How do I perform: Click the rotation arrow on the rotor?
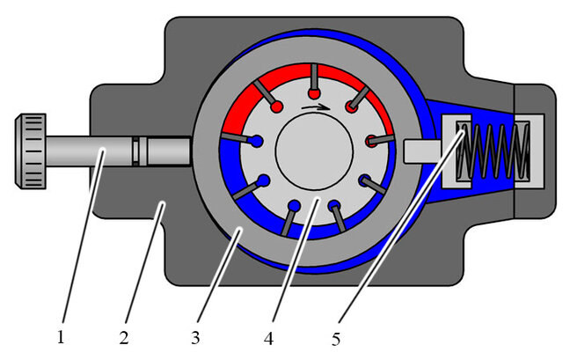pos(312,107)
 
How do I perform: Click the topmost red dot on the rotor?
pos(313,93)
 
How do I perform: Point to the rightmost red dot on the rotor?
pos(370,139)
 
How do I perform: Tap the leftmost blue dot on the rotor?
pos(256,140)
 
